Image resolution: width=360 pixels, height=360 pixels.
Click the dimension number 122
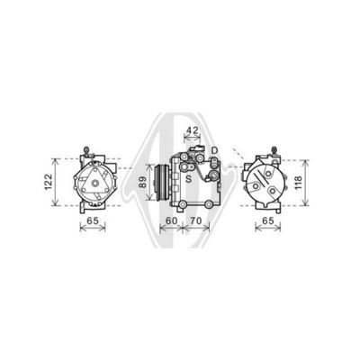pos(49,183)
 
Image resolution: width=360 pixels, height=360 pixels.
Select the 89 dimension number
pos(143,182)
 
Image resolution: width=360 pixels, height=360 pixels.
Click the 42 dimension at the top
pos(193,130)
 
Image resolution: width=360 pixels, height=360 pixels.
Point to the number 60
pos(172,220)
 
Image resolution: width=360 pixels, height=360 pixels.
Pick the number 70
pos(195,220)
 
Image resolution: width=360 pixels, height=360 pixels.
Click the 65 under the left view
pos(93,220)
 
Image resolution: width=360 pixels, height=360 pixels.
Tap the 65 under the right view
pos(268,220)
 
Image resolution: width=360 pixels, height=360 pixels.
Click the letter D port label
pos(214,150)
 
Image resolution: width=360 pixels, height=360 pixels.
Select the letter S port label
pos(188,179)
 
